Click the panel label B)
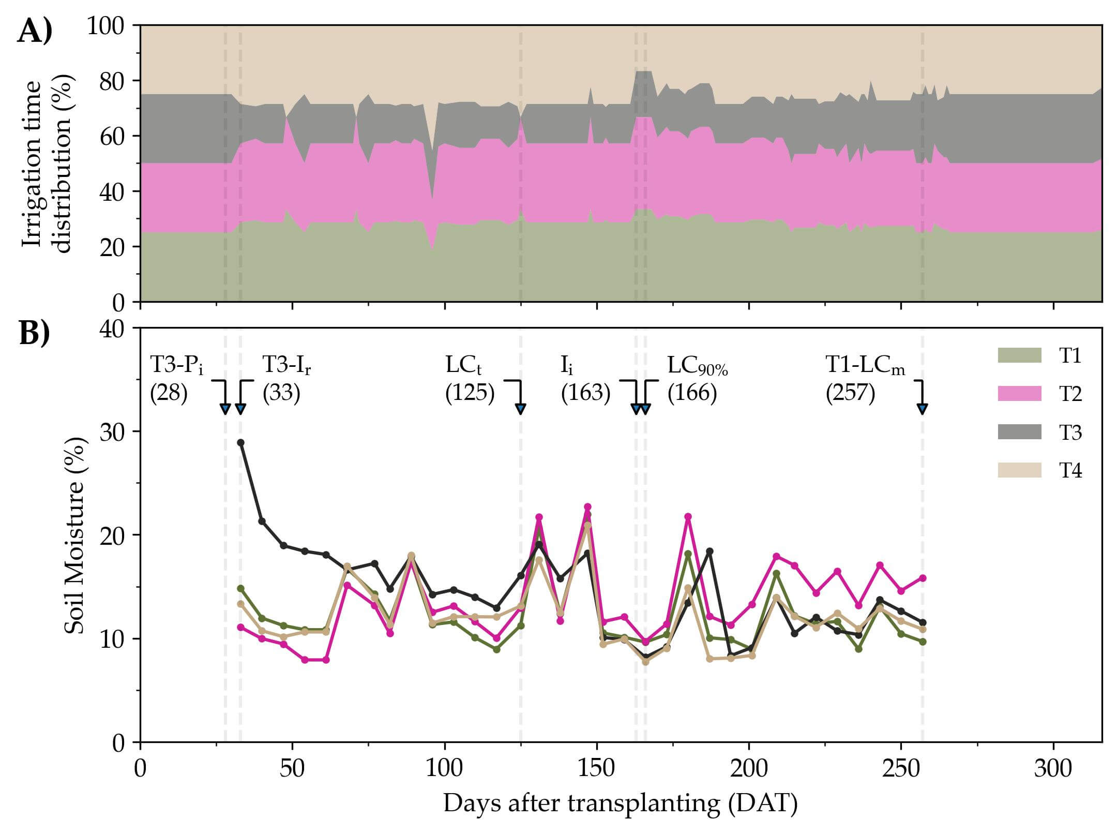pos(35,333)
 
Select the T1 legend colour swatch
pos(1019,355)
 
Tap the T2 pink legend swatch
pos(1019,394)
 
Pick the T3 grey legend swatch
pos(1019,432)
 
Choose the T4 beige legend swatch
pos(1019,470)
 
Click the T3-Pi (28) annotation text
pos(176,379)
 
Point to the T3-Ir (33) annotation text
pos(286,379)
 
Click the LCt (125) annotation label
pos(470,379)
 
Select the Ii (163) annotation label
pos(585,379)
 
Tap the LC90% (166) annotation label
pos(697,379)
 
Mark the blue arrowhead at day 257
pos(922,409)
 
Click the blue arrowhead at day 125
pos(520,409)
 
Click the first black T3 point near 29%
pos(240,442)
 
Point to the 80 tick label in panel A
pos(113,81)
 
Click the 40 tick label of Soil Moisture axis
pos(113,329)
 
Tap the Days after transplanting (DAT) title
pos(621,803)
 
